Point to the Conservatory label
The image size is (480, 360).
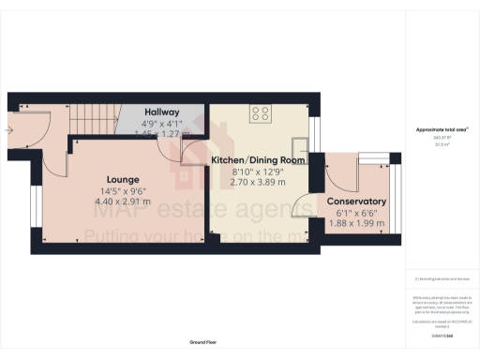356,202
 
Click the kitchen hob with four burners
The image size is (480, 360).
260,115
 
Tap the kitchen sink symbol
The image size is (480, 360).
300,147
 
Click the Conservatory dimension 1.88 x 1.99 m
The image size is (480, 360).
356,222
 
